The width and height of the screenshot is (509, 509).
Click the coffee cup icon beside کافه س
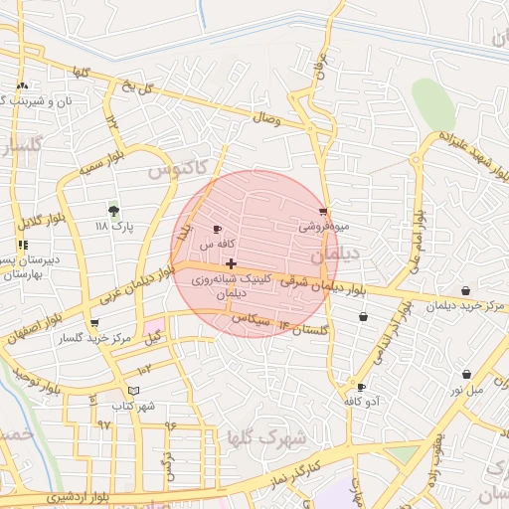[218, 230]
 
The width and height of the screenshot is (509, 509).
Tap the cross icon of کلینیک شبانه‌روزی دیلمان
[232, 263]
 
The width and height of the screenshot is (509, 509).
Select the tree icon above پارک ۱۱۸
[113, 211]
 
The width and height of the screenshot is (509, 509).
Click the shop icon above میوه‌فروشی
[324, 212]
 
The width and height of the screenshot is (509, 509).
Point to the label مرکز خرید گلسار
[95, 339]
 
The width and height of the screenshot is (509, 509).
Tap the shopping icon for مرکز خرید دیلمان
[466, 291]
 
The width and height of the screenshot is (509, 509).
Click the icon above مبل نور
[467, 375]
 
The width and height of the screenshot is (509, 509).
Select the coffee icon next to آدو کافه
[361, 387]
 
